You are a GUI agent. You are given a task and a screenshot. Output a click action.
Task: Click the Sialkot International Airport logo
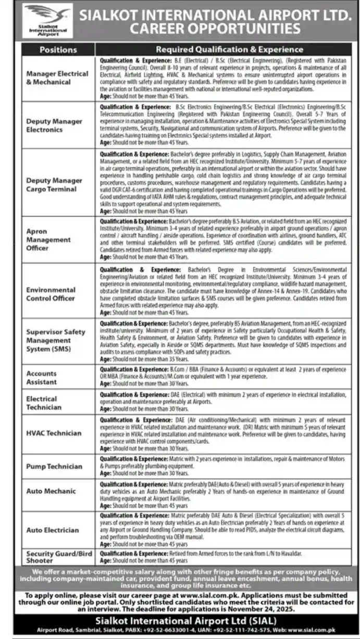pos(48,20)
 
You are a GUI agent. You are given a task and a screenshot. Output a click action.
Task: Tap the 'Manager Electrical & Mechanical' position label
pos(57,78)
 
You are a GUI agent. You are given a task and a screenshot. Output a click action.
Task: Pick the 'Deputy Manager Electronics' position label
pos(55,125)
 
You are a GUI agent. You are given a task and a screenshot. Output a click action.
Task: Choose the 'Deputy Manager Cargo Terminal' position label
pos(55,184)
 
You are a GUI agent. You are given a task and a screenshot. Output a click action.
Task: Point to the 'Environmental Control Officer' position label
pos(51,294)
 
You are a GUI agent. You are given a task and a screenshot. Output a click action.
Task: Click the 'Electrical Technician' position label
pos(44,403)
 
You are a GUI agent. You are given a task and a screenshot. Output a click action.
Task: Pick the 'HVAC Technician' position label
pos(54,433)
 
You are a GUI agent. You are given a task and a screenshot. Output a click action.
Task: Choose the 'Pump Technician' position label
pos(54,467)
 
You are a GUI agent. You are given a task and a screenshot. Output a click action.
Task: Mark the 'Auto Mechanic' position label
pos(51,491)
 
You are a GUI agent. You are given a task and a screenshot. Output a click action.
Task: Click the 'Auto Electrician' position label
pos(53,530)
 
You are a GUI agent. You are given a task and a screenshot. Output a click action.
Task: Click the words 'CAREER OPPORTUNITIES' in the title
pos(215,29)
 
